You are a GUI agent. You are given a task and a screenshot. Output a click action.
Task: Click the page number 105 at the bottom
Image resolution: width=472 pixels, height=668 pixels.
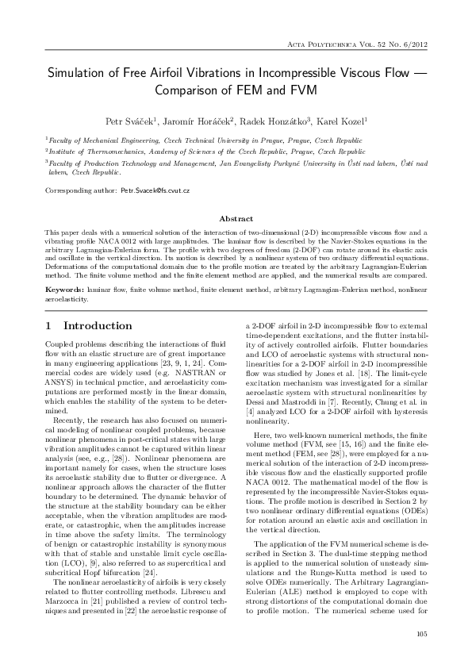click(x=421, y=635)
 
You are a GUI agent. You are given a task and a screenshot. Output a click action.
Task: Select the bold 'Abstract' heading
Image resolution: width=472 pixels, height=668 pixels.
click(x=236, y=218)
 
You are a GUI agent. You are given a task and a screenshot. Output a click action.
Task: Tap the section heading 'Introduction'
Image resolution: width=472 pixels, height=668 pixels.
click(x=98, y=326)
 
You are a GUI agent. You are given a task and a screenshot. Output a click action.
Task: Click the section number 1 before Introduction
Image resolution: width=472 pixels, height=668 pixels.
click(x=48, y=326)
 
